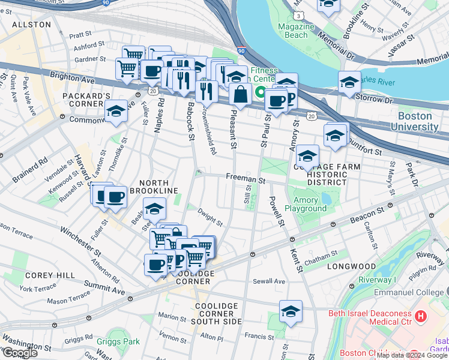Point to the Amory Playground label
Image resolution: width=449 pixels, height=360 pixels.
(x=310, y=204)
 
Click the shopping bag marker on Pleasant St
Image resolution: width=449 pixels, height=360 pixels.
(x=240, y=95)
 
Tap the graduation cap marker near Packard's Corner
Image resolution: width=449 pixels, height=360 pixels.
(x=116, y=111)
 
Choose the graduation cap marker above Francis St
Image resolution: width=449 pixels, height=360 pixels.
(x=291, y=311)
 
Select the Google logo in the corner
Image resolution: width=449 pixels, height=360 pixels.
(x=19, y=353)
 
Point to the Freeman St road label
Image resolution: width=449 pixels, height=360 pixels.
(x=246, y=178)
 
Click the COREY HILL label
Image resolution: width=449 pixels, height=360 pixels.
(x=50, y=275)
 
